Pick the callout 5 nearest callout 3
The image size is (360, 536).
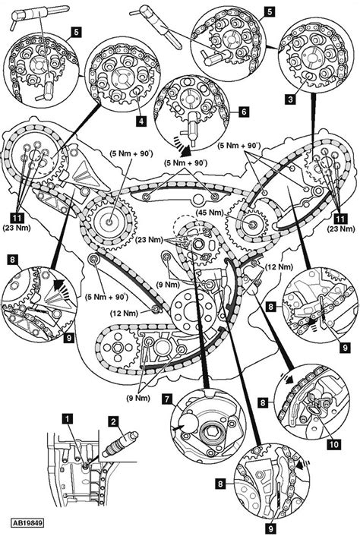click(270, 11)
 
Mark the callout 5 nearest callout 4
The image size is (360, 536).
click(76, 33)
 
